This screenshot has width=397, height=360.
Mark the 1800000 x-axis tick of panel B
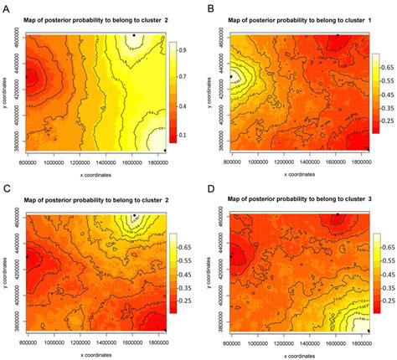360,162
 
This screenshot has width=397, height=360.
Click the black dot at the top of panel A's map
133,34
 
